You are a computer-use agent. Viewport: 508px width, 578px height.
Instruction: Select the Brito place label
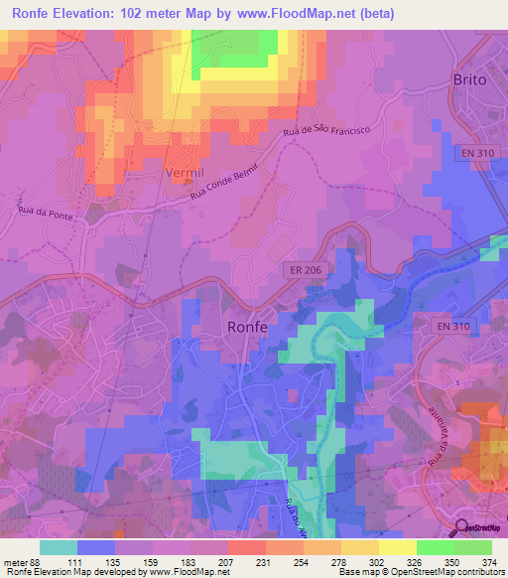(470, 79)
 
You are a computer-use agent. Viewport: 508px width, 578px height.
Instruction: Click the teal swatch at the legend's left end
(59, 547)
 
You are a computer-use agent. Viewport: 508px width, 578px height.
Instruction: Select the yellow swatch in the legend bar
(398, 547)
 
